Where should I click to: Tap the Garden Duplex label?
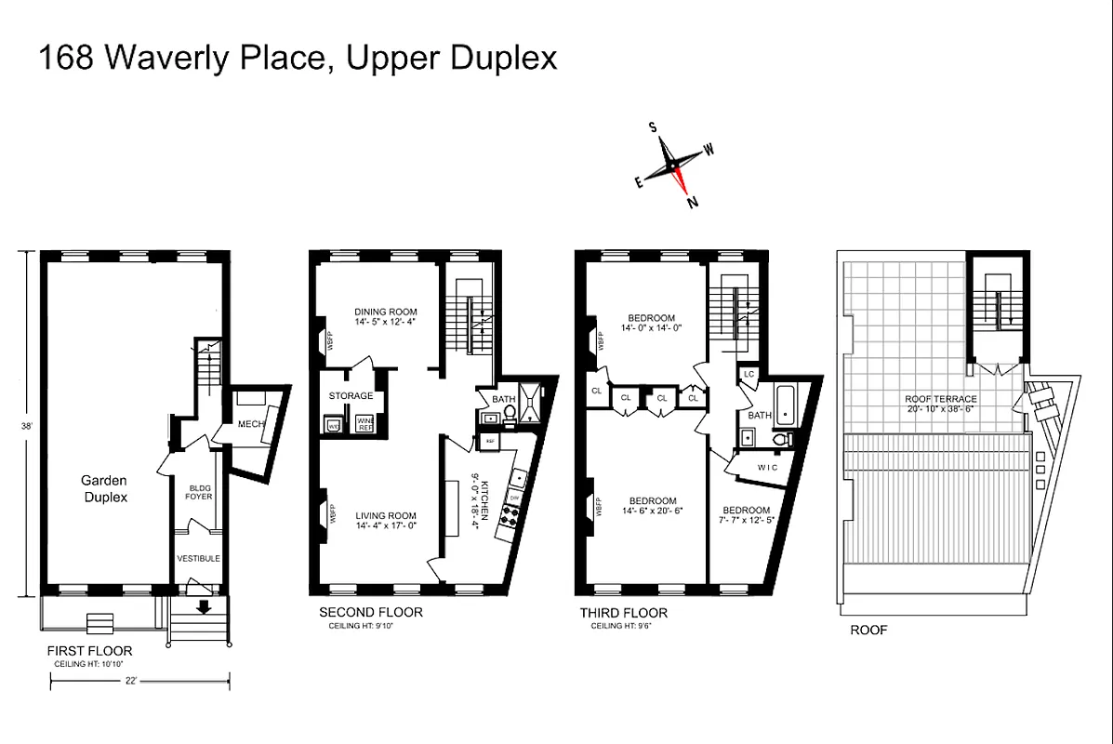pos(102,488)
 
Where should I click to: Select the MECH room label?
pos(251,425)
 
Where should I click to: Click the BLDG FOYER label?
pos(200,492)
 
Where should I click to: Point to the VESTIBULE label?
pos(199,558)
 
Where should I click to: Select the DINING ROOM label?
pos(385,312)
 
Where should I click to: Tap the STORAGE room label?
pos(351,395)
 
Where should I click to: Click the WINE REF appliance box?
pos(365,424)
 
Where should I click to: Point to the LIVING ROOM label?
pos(385,516)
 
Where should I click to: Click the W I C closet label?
pos(767,467)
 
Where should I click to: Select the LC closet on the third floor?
pos(749,374)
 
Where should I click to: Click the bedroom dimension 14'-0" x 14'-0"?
pos(651,328)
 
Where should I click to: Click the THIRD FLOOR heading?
pos(623,613)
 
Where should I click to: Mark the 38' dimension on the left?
pos(28,426)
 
